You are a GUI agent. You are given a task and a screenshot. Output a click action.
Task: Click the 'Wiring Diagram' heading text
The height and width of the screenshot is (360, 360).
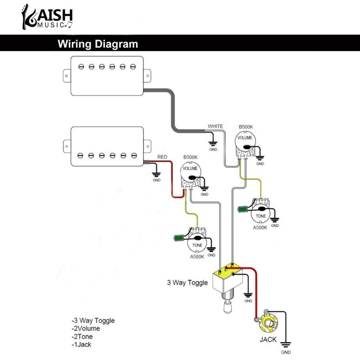(x=98, y=44)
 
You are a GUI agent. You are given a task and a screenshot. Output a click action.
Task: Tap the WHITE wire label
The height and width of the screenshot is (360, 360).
(x=215, y=126)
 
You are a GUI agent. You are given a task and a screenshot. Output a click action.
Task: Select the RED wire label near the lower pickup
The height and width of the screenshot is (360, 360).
(x=162, y=157)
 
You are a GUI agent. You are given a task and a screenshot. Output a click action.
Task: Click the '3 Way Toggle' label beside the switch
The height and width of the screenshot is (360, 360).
(x=187, y=283)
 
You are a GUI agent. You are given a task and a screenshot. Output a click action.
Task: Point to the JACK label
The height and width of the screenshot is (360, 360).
(x=268, y=340)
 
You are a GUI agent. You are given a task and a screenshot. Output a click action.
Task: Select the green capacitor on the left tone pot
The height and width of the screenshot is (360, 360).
(x=179, y=238)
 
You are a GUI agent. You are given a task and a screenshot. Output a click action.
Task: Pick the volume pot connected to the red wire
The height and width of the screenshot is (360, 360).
(x=190, y=172)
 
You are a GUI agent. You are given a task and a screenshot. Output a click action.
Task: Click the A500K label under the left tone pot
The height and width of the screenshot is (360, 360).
(x=197, y=257)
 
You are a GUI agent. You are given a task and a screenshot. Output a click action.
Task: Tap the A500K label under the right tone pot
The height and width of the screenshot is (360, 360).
(x=260, y=227)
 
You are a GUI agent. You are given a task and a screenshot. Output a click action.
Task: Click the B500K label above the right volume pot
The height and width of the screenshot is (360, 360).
(x=246, y=127)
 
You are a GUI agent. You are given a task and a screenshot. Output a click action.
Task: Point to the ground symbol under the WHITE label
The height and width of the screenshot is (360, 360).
(x=212, y=143)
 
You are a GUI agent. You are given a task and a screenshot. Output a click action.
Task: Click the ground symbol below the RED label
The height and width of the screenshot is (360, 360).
(x=156, y=174)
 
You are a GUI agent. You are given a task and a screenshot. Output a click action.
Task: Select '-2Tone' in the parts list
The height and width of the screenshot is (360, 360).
(x=82, y=336)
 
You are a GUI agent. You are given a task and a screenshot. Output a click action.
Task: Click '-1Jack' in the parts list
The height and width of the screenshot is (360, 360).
(x=81, y=345)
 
